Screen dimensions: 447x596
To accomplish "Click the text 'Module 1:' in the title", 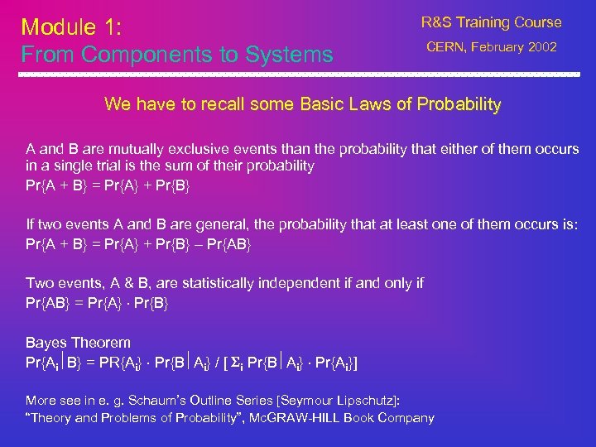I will tap(71, 26).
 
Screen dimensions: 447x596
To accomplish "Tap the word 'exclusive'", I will tap(195, 149).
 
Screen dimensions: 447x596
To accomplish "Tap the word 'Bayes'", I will tap(46, 342).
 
